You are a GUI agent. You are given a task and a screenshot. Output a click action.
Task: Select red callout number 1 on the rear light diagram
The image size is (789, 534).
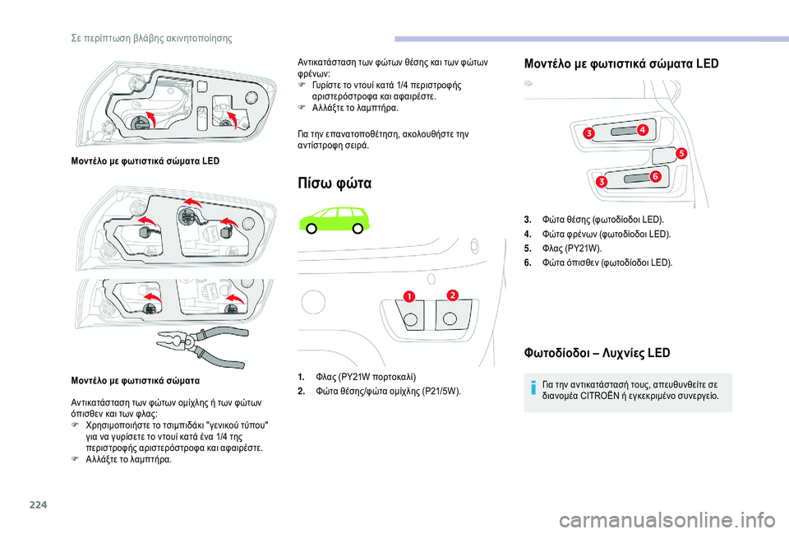(x=409, y=296)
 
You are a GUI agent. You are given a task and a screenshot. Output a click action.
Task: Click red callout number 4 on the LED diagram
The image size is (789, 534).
(x=641, y=130)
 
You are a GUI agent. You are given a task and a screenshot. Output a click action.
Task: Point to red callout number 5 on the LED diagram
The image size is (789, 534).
(x=681, y=153)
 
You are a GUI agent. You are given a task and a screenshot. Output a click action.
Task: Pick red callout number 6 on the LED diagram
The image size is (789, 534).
(x=655, y=177)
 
